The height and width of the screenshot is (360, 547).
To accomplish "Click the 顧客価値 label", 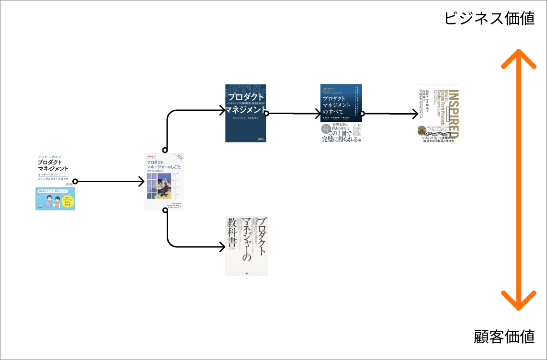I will click(x=504, y=337).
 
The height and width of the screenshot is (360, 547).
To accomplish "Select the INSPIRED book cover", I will click(x=438, y=114).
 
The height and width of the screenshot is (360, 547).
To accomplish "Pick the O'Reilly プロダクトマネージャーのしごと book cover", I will click(x=164, y=182).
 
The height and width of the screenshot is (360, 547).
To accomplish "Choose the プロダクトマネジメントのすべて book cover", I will click(x=341, y=114).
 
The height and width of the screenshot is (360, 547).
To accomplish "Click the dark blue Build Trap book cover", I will click(x=246, y=113).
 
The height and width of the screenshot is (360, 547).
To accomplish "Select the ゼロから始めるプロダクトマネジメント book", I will click(x=55, y=182).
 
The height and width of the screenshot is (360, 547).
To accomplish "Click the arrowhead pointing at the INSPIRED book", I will click(x=415, y=114).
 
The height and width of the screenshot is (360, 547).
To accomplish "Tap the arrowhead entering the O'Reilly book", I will click(x=141, y=182).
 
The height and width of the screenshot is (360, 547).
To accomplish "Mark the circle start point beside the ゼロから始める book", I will click(x=75, y=182).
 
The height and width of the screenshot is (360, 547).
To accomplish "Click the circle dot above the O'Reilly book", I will click(x=165, y=150).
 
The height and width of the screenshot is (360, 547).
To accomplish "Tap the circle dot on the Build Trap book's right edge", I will click(x=266, y=114).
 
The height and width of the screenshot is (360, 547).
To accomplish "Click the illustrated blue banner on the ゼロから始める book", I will click(x=55, y=198).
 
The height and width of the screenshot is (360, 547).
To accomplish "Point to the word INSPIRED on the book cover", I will click(x=455, y=114).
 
